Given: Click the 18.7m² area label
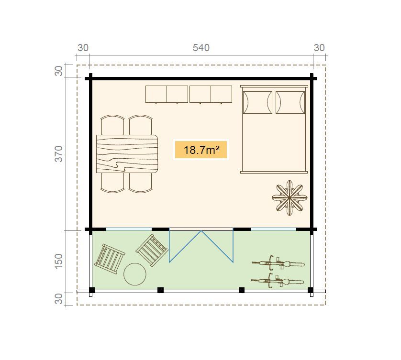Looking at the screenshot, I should tap(200, 150).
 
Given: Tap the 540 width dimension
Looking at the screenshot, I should tap(201, 48).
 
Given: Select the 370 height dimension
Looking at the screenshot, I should tap(59, 154).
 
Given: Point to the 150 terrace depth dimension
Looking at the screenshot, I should tap(59, 261).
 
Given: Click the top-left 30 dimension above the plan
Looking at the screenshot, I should tap(83, 48).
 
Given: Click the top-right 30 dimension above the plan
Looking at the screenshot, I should tap(319, 48).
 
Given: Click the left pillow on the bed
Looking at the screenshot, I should tap(257, 102).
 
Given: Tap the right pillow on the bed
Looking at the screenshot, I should tap(290, 102).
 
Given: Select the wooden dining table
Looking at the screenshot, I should tap(127, 153).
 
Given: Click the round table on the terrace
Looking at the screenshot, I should tap(135, 274).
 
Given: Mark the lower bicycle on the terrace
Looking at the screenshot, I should tap(278, 281).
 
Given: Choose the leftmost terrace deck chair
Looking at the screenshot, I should tap(110, 259).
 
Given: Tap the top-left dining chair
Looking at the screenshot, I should tap(113, 125).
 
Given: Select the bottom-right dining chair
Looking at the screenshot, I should tap(141, 183).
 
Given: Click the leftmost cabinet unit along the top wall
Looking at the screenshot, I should tap(156, 94).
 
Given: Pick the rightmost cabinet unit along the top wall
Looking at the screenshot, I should tap(222, 94).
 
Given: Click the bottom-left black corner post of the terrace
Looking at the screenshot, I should tap(92, 290).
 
